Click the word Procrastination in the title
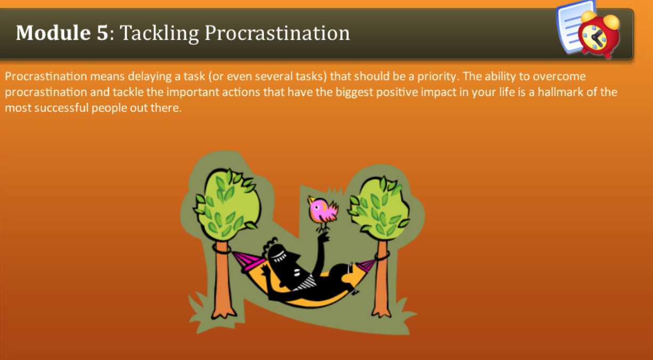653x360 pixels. [277, 33]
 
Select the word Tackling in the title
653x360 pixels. [160, 33]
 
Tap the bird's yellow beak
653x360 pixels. [310, 201]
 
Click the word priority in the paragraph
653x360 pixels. [439, 76]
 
